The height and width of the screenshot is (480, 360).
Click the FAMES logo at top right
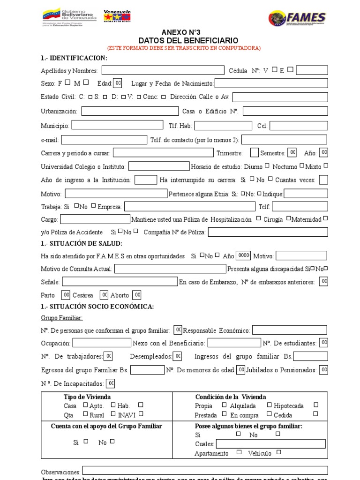click(x=297, y=18)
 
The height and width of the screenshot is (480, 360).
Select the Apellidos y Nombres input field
click(x=163, y=70)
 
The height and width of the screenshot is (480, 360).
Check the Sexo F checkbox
click(x=67, y=83)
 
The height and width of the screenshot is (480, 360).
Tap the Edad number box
click(x=118, y=83)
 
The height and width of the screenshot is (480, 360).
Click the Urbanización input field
click(x=130, y=111)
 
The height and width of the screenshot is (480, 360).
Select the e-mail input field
click(x=104, y=140)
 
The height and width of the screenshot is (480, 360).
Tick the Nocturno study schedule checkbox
click(x=302, y=165)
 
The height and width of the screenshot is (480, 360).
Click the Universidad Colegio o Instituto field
click(x=159, y=166)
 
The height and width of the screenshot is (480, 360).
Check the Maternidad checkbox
click(x=325, y=218)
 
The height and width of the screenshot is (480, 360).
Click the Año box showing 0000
click(x=243, y=255)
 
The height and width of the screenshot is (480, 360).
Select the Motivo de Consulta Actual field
click(x=170, y=269)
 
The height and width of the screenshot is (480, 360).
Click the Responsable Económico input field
click(x=290, y=330)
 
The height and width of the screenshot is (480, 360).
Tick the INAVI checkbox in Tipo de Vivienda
click(x=141, y=414)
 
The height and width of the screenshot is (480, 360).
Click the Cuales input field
click(x=270, y=443)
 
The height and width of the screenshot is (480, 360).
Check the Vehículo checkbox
click(x=278, y=452)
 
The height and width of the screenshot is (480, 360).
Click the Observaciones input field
click(x=205, y=471)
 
